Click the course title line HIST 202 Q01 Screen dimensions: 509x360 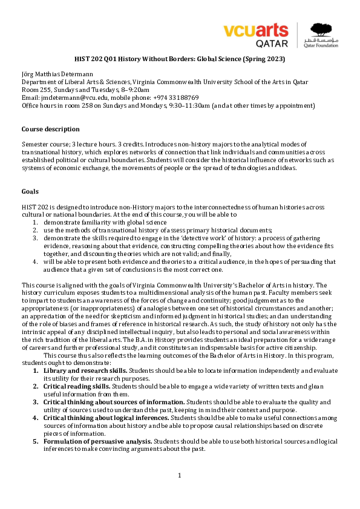180,59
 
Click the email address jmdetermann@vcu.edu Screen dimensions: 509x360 70,97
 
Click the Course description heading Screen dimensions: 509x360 50,130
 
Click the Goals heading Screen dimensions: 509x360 30,191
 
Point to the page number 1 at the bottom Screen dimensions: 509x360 180,475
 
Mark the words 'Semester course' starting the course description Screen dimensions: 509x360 43,145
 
